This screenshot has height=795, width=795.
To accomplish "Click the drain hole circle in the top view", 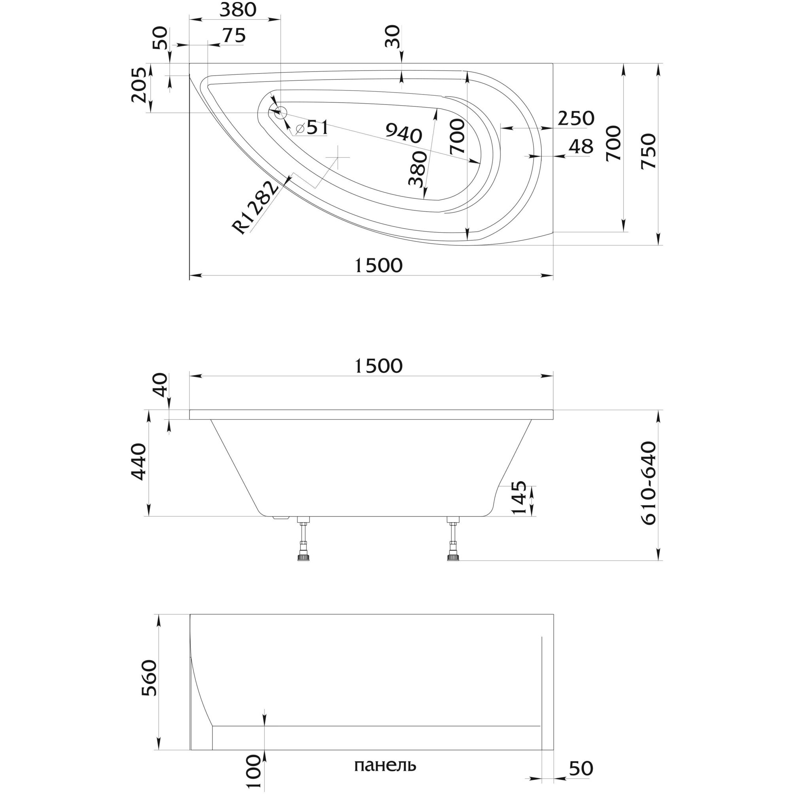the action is tap(281, 112).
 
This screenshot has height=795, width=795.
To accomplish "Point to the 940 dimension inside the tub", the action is tap(404, 134).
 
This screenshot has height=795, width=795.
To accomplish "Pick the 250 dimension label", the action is tap(576, 119).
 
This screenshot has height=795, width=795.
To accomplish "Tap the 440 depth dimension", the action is tap(138, 462).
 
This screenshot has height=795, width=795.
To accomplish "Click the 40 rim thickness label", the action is tap(161, 384).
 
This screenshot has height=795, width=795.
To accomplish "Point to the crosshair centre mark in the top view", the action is tap(337, 157).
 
